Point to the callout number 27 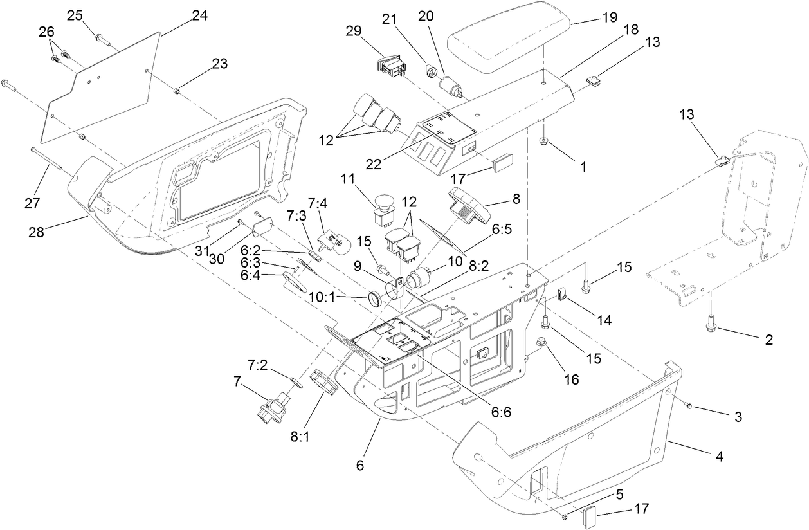(x=32, y=204)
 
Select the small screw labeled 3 (x=687, y=405)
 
